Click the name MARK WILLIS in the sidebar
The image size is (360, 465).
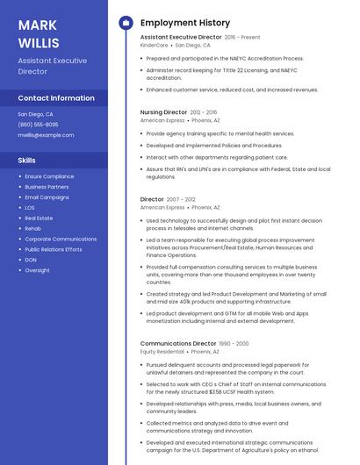click(x=39, y=33)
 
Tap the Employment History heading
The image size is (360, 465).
click(x=184, y=23)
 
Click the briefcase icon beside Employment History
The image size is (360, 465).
click(x=126, y=23)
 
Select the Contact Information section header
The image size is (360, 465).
click(x=56, y=98)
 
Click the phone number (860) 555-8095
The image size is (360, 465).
click(x=38, y=125)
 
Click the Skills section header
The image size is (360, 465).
click(x=26, y=161)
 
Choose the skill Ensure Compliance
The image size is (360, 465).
click(x=49, y=176)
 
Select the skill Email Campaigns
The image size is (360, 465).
click(x=47, y=197)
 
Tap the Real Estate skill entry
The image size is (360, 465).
click(x=39, y=218)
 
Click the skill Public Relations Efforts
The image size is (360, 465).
click(x=54, y=249)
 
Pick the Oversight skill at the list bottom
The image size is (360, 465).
click(x=37, y=270)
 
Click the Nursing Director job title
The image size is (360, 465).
click(x=163, y=112)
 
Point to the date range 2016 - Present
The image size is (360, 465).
click(x=242, y=38)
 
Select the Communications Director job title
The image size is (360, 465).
click(x=177, y=344)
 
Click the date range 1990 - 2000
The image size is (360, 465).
click(x=234, y=344)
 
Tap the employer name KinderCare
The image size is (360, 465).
click(x=154, y=45)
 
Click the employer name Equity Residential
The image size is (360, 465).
click(x=162, y=351)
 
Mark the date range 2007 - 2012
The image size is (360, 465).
click(x=182, y=199)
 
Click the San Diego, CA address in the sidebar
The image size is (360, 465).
click(x=35, y=114)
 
